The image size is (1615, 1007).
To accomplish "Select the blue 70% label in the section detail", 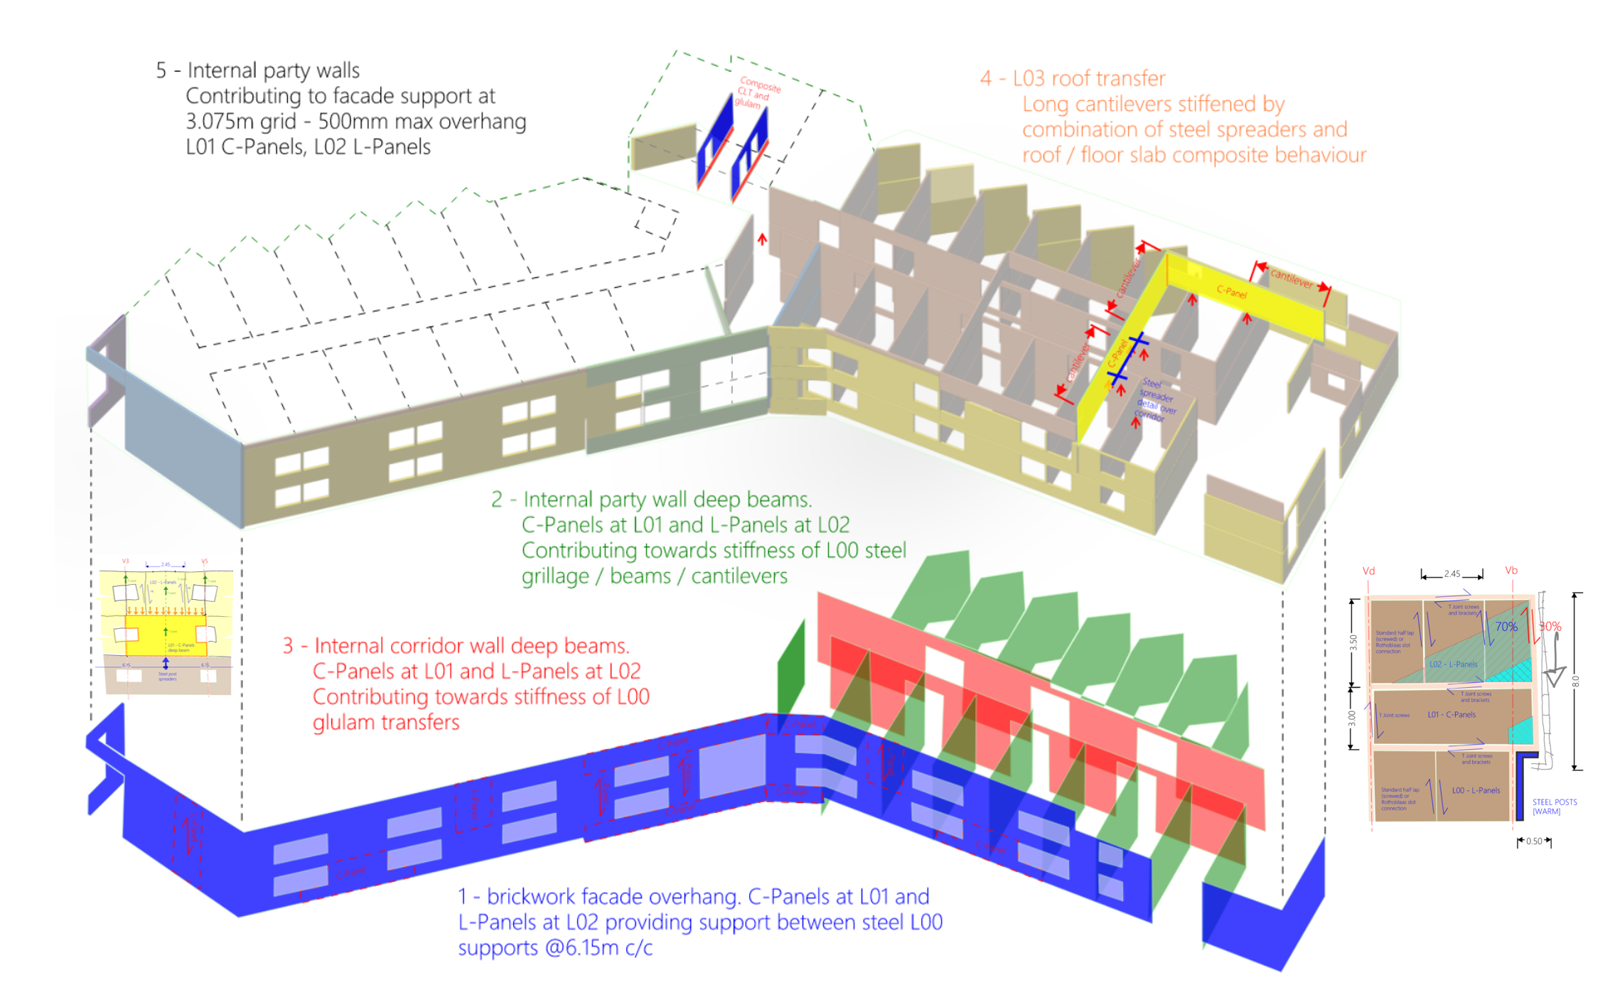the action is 1506,626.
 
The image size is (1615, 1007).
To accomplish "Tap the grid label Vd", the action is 1368,571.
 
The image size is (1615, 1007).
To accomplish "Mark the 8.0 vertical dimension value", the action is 1575,681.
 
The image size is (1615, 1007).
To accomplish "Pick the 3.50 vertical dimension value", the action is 1353,642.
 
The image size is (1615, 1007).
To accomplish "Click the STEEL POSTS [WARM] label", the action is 1554,807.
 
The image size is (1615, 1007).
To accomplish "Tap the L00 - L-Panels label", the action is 1476,790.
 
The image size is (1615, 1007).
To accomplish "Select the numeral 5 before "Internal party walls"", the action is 161,70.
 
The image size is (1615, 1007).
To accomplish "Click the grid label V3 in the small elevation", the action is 126,561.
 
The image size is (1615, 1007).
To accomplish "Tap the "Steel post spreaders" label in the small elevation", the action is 167,676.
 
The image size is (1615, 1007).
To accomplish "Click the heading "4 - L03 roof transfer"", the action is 1072,78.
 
